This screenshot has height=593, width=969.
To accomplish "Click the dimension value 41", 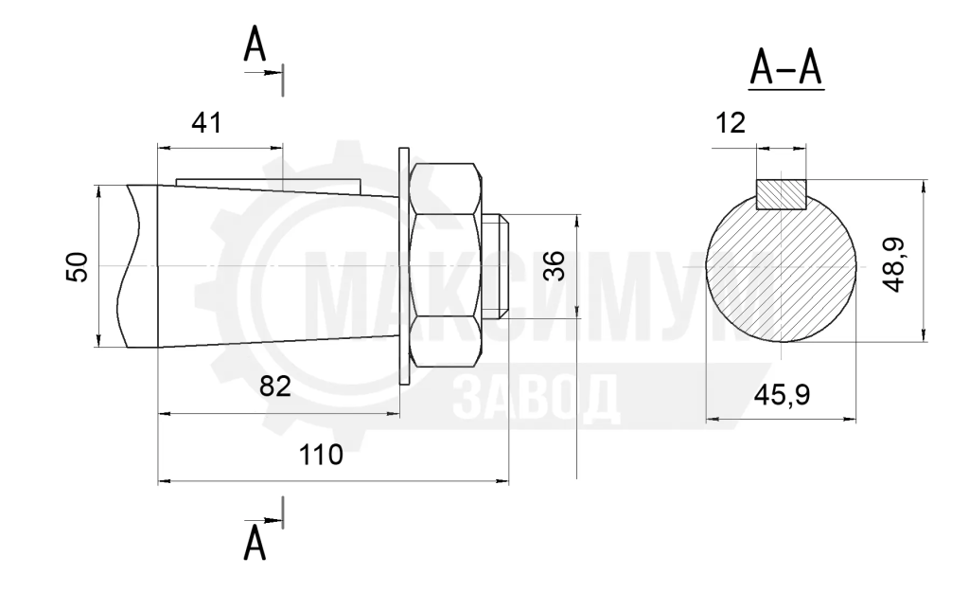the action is [206, 123].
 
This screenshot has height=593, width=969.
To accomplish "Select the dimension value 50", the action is [78, 267].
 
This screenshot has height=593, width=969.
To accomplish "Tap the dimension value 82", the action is [275, 386].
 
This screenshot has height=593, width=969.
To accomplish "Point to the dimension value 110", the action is [321, 455].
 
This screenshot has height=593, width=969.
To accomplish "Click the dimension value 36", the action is [555, 266].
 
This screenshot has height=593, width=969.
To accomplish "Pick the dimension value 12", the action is [731, 123].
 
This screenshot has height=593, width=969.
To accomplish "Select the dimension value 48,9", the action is [894, 264].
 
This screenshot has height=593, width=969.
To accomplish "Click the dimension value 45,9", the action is [782, 394].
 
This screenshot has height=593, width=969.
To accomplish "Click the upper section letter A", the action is [255, 45].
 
